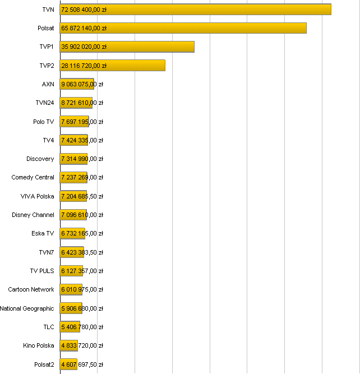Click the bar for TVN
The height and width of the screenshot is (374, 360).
(x=195, y=10)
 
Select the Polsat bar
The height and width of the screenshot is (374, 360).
(x=183, y=28)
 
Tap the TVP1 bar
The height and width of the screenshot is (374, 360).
(x=127, y=47)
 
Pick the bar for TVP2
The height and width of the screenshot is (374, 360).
(x=112, y=66)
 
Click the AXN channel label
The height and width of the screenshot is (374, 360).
(x=48, y=84)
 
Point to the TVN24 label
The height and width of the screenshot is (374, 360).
(x=44, y=103)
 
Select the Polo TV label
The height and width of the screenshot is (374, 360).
(x=43, y=122)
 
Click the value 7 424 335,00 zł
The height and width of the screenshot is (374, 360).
(x=82, y=140)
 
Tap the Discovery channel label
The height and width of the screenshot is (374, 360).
(x=40, y=159)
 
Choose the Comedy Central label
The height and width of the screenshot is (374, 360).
(x=33, y=177)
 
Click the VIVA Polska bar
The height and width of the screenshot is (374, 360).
(x=73, y=196)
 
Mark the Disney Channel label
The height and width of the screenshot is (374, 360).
(x=33, y=215)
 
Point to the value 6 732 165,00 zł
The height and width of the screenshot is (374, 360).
(x=82, y=233)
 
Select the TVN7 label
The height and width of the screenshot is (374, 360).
(x=46, y=252)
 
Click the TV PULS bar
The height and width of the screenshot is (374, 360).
(x=71, y=271)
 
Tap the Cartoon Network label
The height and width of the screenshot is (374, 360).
(x=31, y=289)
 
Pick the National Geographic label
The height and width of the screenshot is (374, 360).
(x=27, y=308)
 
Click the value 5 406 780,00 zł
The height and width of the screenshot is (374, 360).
(x=82, y=327)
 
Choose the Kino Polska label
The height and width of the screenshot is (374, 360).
(x=39, y=345)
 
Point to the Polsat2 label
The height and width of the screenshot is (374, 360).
(x=44, y=364)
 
